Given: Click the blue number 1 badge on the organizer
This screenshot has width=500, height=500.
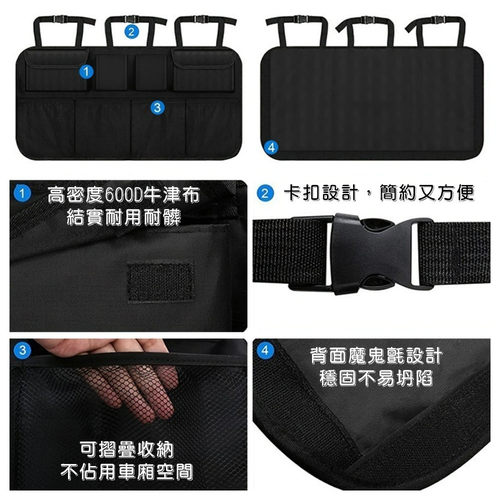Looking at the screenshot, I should click(x=86, y=72).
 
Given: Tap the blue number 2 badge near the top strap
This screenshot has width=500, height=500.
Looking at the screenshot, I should click(x=131, y=32).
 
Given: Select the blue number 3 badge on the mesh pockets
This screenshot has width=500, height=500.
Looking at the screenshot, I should click(x=157, y=107).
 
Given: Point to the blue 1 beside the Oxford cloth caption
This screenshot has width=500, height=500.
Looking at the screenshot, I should click(x=21, y=193).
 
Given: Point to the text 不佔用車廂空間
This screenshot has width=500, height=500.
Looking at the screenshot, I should click(x=126, y=471).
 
